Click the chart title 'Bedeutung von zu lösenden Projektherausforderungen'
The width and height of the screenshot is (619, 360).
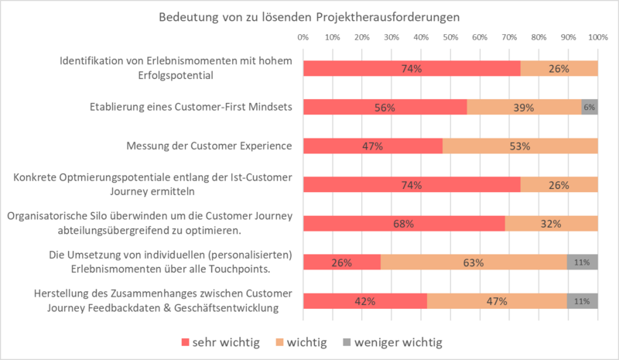coord(309,16)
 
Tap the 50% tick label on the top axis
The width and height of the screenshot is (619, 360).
coord(450,37)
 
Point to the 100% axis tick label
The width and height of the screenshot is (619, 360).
coord(597,37)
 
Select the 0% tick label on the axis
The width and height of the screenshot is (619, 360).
coord(303,37)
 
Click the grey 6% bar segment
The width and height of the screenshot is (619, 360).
coord(590,108)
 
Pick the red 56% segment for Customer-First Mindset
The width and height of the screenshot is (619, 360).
coord(385,108)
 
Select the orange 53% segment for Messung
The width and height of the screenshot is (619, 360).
coord(520,146)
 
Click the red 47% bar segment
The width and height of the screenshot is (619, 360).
coord(372,146)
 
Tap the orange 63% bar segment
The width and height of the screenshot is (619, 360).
coord(474,262)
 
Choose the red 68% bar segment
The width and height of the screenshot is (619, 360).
coord(403,224)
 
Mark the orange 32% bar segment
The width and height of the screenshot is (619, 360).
coord(551,224)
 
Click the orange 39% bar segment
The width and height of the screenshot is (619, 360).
coord(524,108)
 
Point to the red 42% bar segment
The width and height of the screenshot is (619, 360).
coord(364,301)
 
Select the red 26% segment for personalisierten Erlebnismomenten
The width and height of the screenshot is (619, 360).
coord(341,262)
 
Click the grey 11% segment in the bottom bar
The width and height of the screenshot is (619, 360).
coord(582,301)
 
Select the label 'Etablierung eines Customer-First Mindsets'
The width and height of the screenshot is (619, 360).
coord(186,107)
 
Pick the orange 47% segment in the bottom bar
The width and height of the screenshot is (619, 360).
coord(497,301)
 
